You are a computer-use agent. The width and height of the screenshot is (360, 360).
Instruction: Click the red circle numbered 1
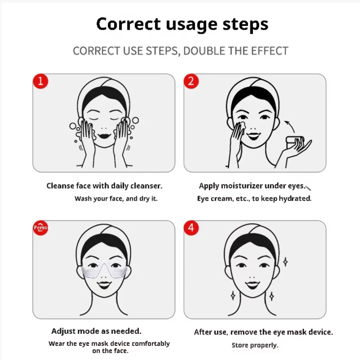(40, 81)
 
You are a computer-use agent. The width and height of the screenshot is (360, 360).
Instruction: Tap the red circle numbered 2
(191, 81)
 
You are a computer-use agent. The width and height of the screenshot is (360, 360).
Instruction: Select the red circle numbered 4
(191, 228)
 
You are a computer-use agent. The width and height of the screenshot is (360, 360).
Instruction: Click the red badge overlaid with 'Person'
(40, 228)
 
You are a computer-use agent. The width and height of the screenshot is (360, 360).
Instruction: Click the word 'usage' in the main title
(191, 25)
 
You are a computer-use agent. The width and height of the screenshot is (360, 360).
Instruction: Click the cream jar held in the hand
(294, 142)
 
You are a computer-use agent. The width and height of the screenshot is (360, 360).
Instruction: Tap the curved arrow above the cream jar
(291, 126)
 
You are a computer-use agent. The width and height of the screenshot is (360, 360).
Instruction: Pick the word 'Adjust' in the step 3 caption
(64, 331)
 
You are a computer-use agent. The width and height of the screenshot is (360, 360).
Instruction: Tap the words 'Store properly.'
(255, 345)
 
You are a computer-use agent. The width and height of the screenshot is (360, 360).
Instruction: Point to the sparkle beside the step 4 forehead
(285, 262)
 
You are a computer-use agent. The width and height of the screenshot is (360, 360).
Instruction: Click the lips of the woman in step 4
(252, 285)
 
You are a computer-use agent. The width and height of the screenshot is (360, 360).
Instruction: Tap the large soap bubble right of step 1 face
(135, 120)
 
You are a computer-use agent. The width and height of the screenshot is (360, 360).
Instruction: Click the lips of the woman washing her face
(104, 135)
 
